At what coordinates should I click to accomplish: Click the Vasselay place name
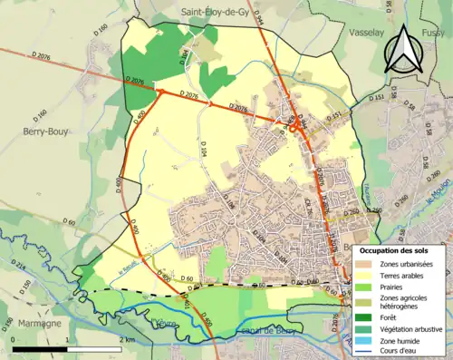(368, 31)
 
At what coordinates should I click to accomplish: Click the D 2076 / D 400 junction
(159, 91)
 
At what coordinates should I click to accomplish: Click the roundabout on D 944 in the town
(294, 128)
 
